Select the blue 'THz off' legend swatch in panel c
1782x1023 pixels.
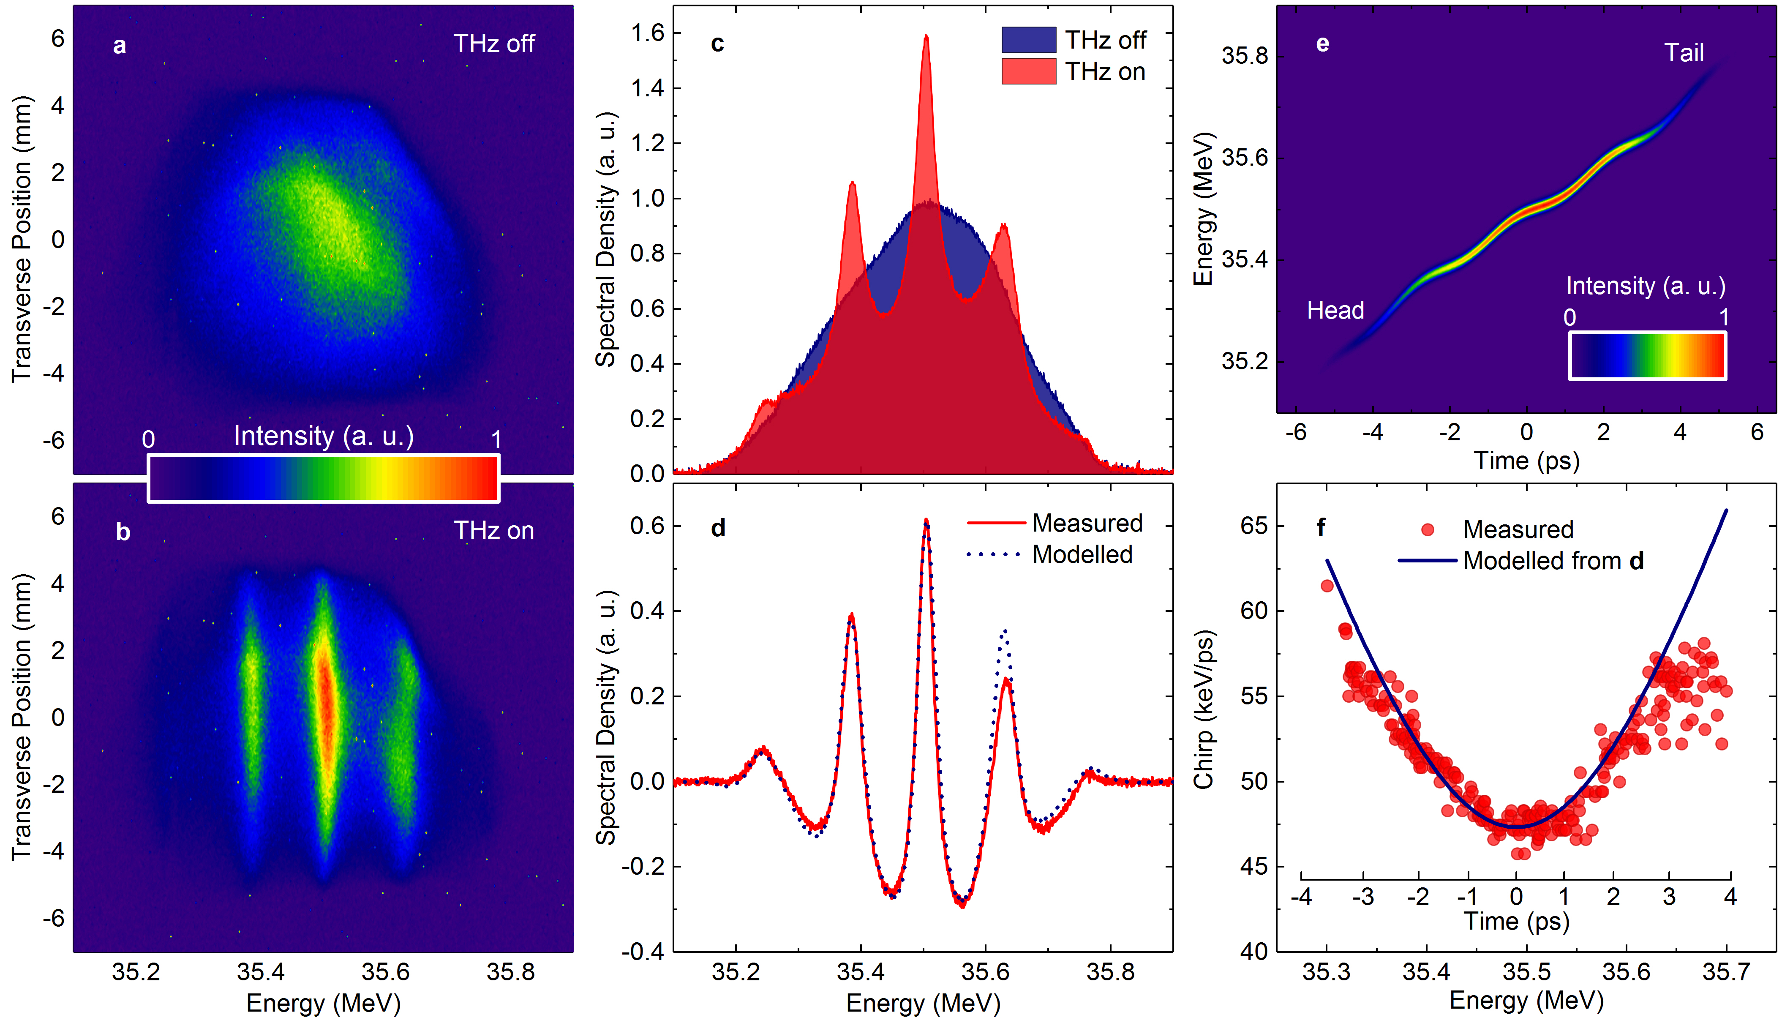1028,40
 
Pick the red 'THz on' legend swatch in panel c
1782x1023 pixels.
1028,71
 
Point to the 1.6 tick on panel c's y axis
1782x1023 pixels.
647,33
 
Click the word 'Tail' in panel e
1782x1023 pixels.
1684,53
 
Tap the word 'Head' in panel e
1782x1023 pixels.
1335,310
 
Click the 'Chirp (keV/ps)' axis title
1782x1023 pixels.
1204,709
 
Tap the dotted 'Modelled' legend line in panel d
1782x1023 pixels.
993,554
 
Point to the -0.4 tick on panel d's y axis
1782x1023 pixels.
642,951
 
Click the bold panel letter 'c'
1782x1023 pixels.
717,44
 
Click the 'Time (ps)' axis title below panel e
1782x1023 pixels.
1526,461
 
